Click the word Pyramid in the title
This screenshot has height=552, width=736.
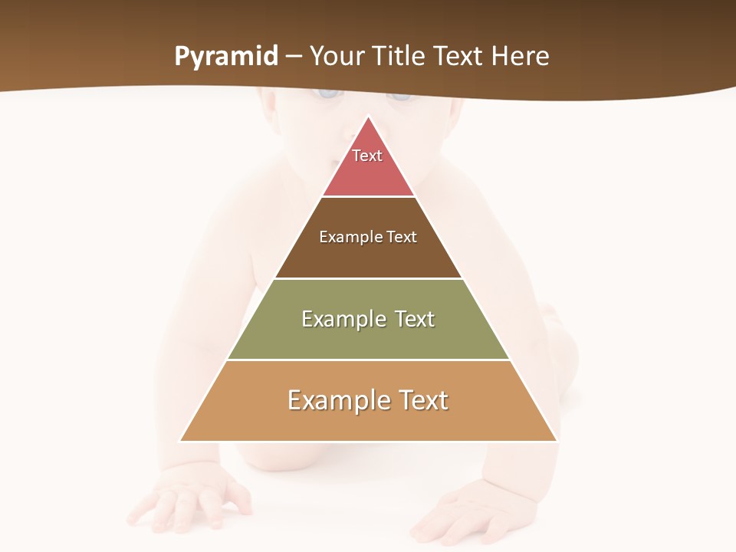click(226, 57)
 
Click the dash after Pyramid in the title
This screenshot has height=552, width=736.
click(294, 57)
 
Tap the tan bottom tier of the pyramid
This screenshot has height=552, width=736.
click(368, 422)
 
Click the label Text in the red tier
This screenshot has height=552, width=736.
click(367, 156)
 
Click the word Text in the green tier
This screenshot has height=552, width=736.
click(415, 319)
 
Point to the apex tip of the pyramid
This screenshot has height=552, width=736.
click(369, 117)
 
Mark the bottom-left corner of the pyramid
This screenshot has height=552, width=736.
click(181, 441)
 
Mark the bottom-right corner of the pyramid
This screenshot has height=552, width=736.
click(556, 441)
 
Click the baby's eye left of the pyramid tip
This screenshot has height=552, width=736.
click(328, 94)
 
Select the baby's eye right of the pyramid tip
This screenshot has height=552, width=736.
click(399, 95)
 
